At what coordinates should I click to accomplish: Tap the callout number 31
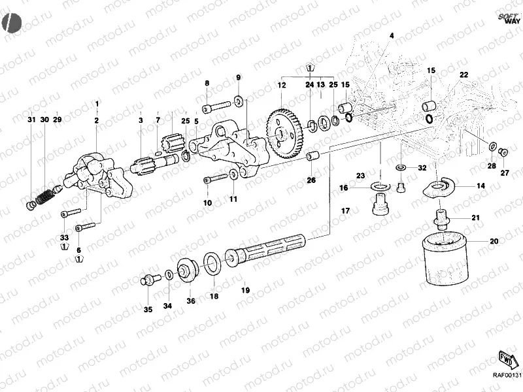31,120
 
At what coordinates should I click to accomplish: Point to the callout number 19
246,290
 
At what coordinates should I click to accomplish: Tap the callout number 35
148,310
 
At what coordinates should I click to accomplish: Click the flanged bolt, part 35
150,280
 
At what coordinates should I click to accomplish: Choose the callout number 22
464,76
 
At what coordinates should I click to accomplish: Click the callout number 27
504,173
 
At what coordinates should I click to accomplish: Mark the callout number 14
481,186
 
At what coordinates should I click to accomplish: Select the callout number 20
494,242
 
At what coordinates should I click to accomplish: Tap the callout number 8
207,83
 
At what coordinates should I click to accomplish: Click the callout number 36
191,301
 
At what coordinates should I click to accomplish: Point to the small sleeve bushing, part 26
312,157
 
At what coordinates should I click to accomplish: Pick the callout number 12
282,86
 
